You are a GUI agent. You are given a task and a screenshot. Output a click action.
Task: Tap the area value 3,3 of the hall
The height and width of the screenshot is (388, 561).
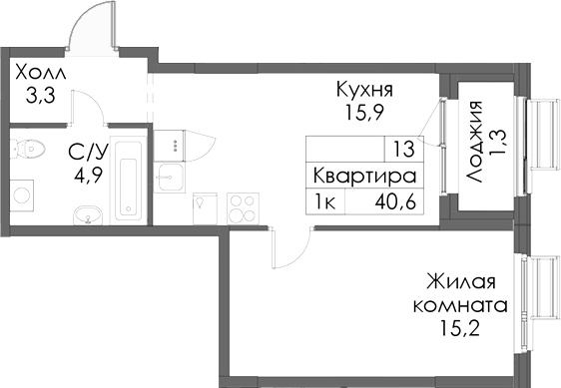40,96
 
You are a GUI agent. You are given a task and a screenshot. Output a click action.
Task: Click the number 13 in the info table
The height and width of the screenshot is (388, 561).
403,150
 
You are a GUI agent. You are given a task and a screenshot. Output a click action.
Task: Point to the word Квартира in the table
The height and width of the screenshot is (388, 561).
363,175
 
